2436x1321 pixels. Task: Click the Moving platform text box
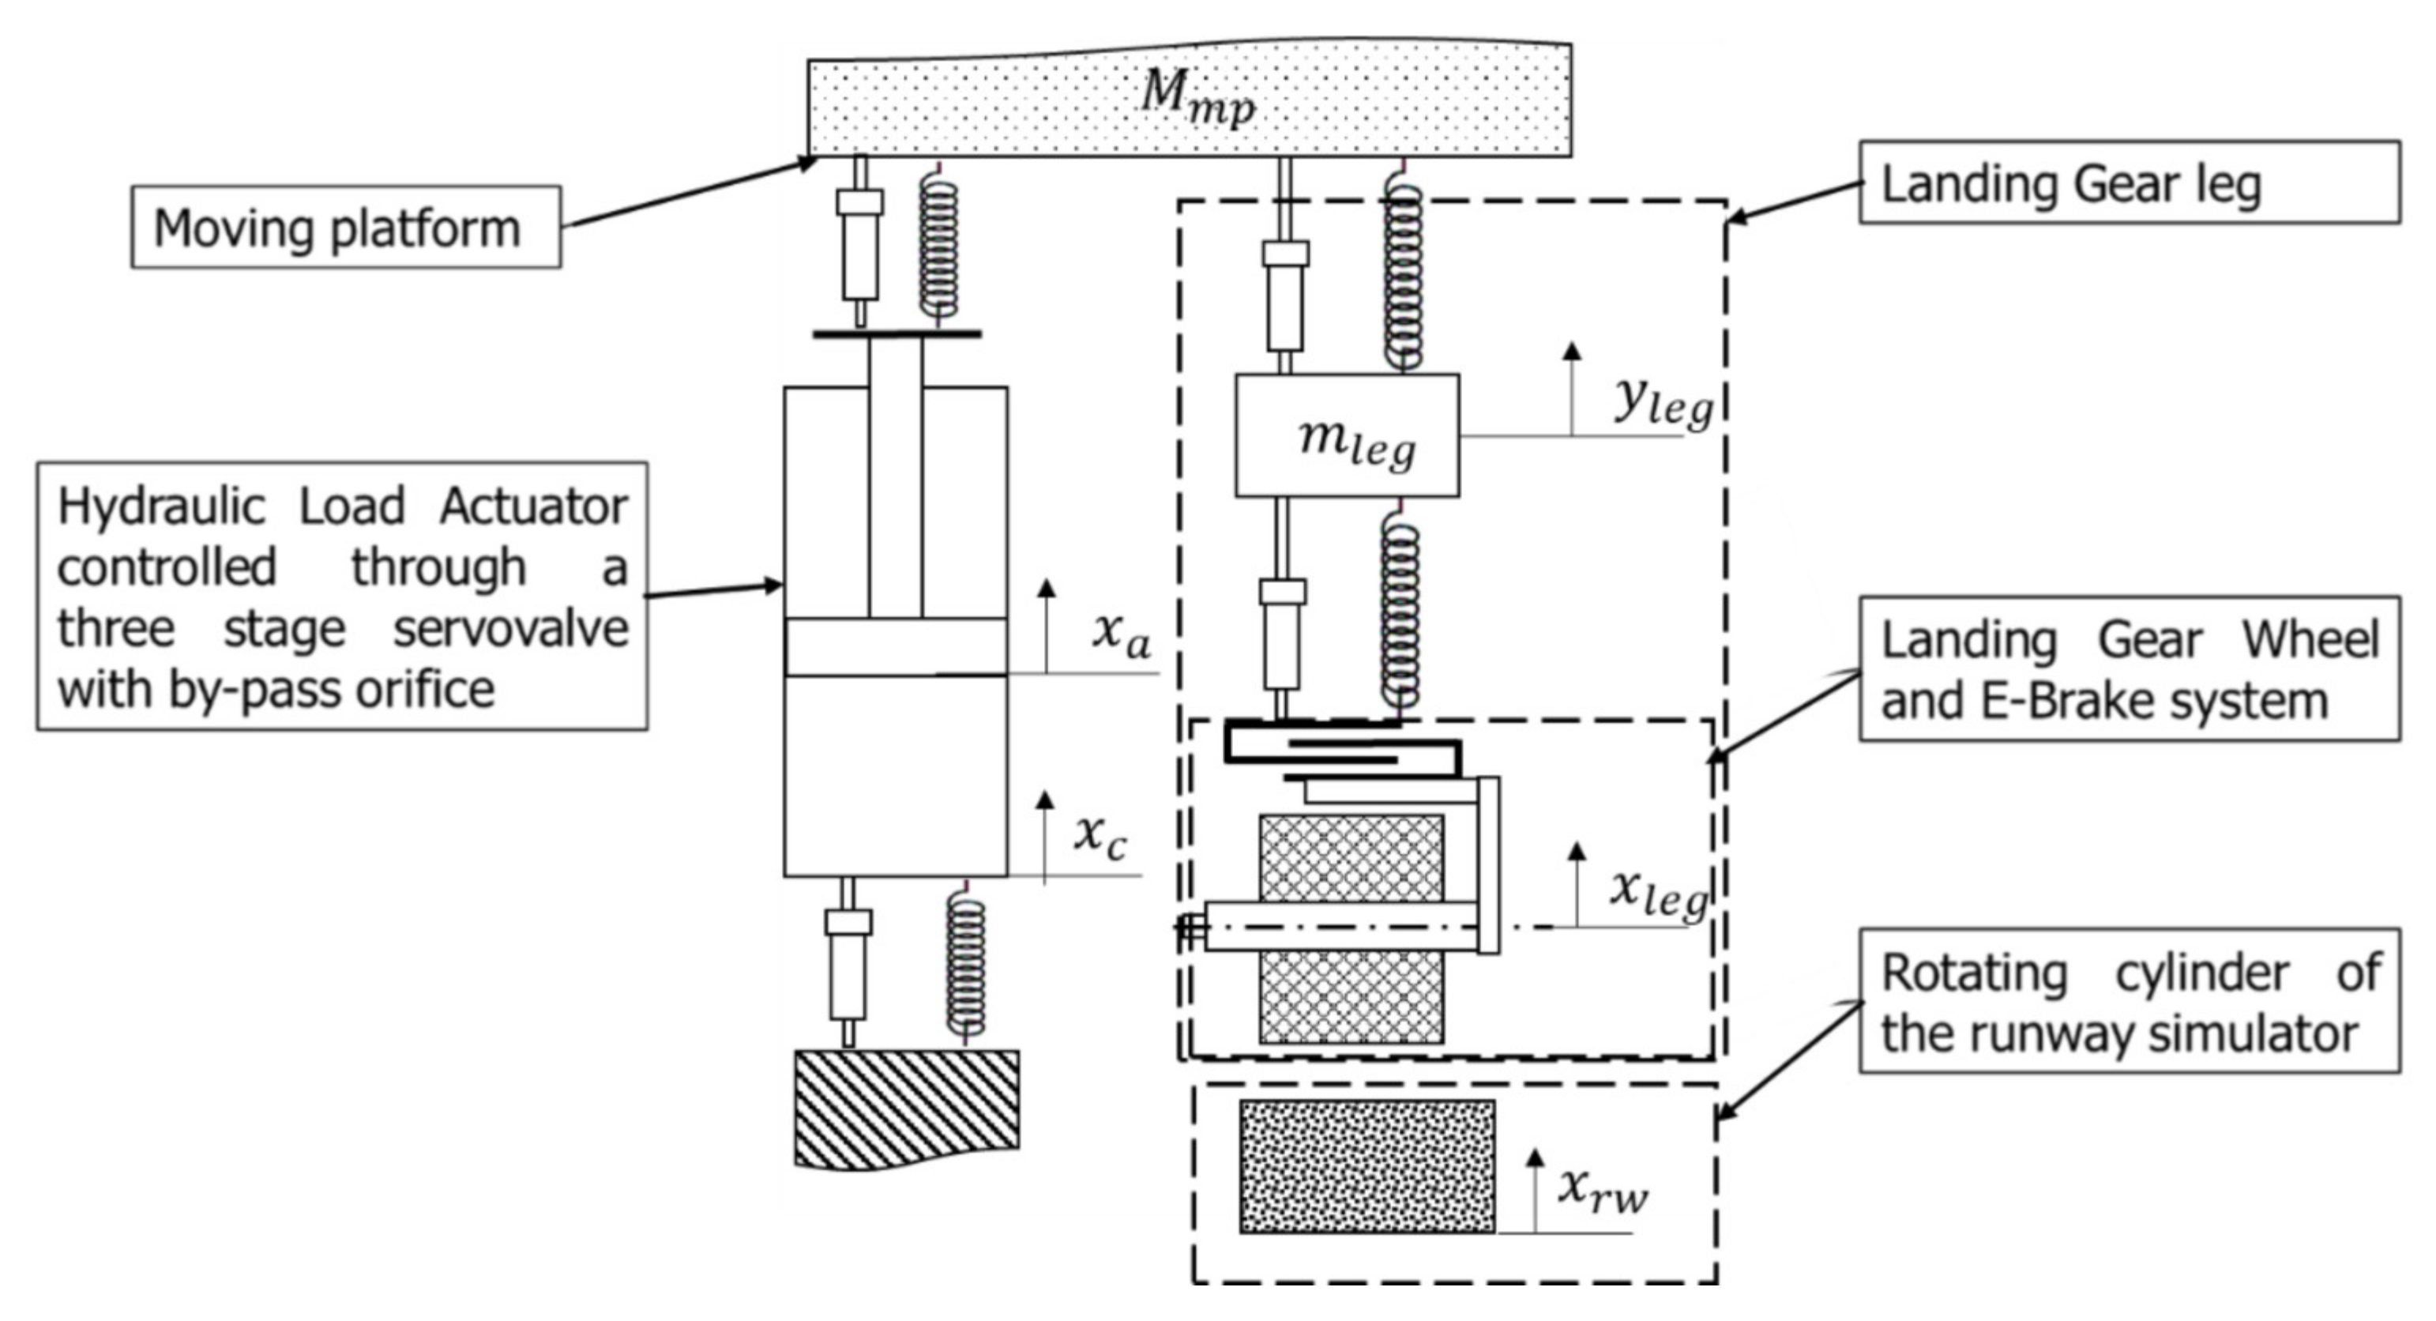click(x=345, y=228)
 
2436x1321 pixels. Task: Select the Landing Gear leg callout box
click(x=2128, y=183)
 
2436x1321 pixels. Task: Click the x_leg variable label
click(x=1659, y=893)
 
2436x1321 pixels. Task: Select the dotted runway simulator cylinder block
click(x=1366, y=1166)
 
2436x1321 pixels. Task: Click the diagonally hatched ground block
click(x=906, y=1106)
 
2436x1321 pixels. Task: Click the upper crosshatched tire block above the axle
click(x=1351, y=856)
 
